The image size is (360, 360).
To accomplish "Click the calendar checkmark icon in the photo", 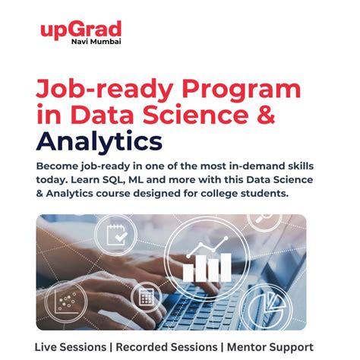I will [116, 237].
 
